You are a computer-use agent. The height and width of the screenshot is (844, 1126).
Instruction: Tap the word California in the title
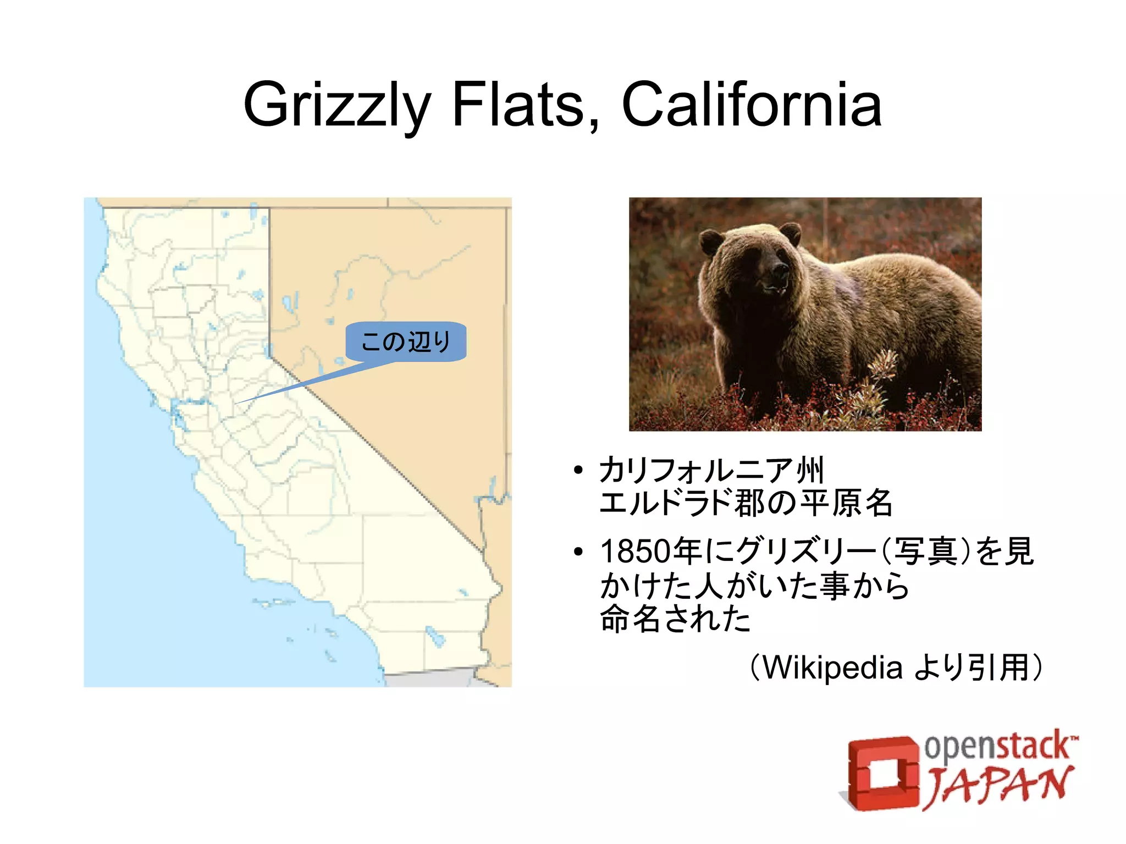751,104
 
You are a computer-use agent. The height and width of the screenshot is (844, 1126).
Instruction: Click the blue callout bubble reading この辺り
406,341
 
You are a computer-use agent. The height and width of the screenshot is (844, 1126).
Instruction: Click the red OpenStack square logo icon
880,773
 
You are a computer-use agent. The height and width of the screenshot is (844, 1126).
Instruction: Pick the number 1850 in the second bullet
636,551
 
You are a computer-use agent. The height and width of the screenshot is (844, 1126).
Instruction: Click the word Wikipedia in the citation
832,668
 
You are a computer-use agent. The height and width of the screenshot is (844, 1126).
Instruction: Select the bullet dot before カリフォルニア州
577,471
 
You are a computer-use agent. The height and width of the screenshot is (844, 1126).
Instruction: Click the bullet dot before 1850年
577,551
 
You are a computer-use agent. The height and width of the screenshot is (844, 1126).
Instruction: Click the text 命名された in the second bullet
675,619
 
